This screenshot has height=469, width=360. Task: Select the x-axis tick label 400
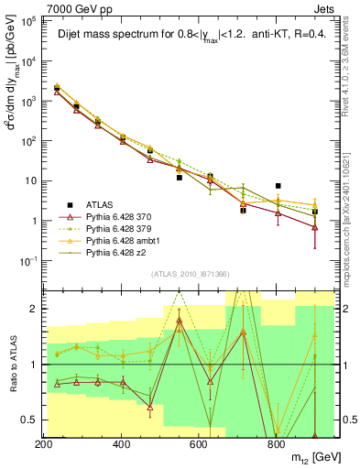122,444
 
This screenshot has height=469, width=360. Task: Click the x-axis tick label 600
199,444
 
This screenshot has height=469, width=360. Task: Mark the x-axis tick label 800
276,444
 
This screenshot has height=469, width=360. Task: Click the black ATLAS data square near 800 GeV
278,186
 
